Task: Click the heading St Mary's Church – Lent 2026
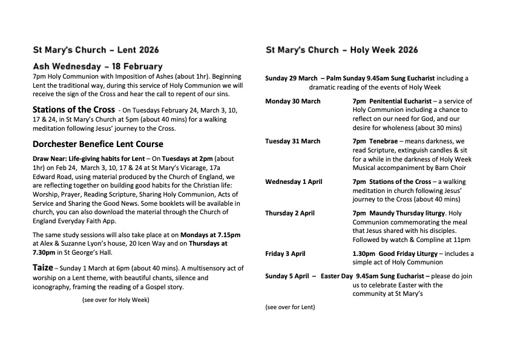pos(96,50)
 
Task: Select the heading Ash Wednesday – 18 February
pos(97,66)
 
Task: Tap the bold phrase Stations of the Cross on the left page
pos(73,110)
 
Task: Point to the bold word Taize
pos(42,267)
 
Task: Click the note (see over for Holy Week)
pos(116,299)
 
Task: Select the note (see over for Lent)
pos(290,307)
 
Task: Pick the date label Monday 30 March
pos(293,101)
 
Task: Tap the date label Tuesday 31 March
pos(293,141)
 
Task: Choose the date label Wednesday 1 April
pos(294,182)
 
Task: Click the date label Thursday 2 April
pos(290,214)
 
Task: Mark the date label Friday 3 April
pos(285,254)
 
